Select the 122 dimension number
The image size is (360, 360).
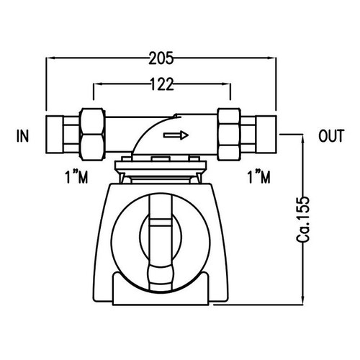click(x=161, y=85)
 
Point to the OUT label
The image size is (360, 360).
click(x=332, y=135)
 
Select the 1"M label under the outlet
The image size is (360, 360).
click(x=258, y=176)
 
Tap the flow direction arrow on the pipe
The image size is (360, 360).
click(x=177, y=135)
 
